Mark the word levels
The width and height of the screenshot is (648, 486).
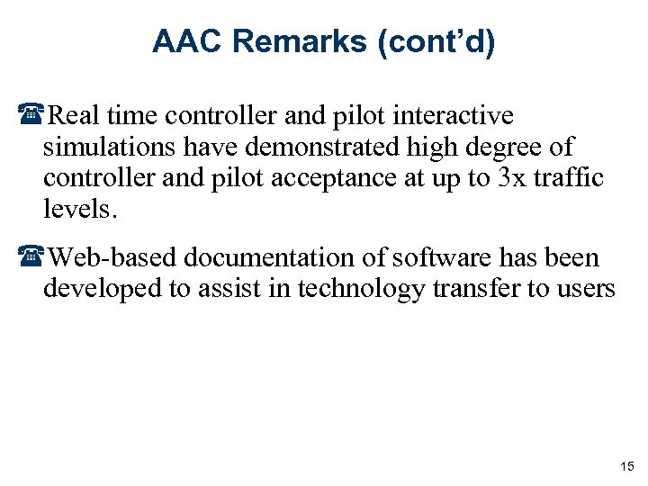[x=79, y=210]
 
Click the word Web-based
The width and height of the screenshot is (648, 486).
[x=112, y=258]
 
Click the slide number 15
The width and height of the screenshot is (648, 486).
[x=626, y=465]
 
